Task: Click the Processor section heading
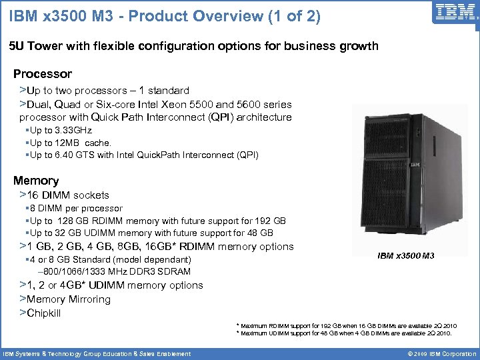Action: (x=43, y=74)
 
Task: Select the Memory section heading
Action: (x=36, y=181)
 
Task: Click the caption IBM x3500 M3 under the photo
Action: (x=406, y=255)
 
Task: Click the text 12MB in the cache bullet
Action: (x=68, y=143)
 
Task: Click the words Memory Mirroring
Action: (x=69, y=299)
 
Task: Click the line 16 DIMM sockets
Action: (x=68, y=195)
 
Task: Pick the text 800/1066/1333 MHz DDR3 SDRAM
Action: (x=117, y=271)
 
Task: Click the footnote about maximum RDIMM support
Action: (x=347, y=326)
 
